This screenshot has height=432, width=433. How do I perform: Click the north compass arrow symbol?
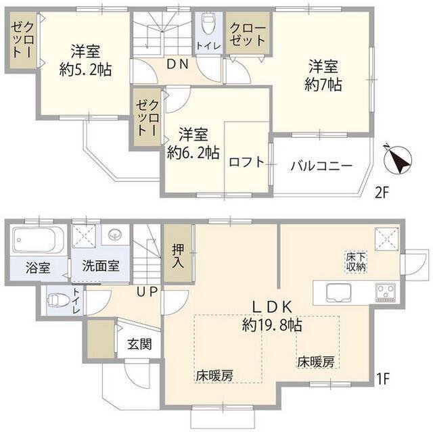[x=396, y=160]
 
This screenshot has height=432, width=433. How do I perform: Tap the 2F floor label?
[x=382, y=193]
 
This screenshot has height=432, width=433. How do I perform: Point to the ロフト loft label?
[x=246, y=162]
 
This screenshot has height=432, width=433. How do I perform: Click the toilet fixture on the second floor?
[x=208, y=26]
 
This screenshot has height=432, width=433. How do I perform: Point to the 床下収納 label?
[x=356, y=261]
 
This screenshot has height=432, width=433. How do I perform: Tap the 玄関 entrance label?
[x=139, y=343]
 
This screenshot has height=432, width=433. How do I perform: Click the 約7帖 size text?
[x=323, y=85]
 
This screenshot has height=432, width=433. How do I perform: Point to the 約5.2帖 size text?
[x=86, y=69]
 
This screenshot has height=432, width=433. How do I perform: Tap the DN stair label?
[x=177, y=64]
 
